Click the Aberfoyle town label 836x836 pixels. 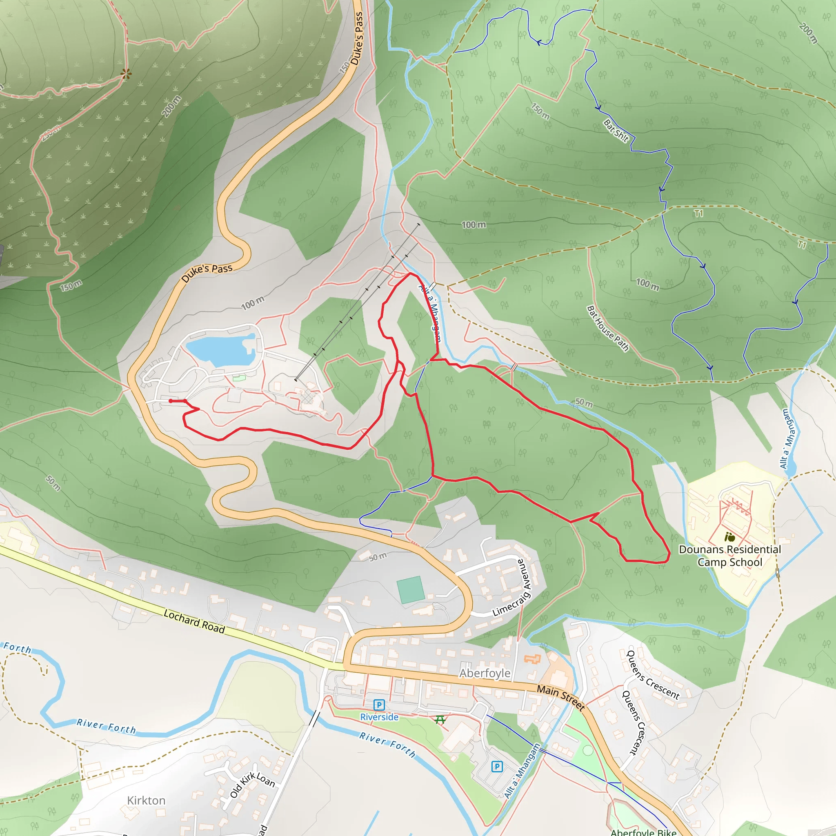(x=485, y=673)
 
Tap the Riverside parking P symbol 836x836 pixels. (x=379, y=705)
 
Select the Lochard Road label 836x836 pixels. (x=194, y=621)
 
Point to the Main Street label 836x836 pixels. (x=561, y=697)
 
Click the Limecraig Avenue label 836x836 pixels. (x=511, y=588)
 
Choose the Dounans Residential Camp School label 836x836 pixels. (x=729, y=556)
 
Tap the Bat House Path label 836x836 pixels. (x=607, y=329)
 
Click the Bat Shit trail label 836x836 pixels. (x=616, y=131)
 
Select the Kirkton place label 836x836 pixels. (x=146, y=800)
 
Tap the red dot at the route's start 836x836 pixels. (x=171, y=401)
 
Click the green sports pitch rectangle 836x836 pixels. (x=411, y=589)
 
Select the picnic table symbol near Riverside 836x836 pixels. (x=440, y=720)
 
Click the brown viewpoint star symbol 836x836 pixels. (x=126, y=74)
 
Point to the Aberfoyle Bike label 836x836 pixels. (x=643, y=832)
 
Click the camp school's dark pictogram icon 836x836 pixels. (x=729, y=537)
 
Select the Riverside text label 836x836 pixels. (x=379, y=717)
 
